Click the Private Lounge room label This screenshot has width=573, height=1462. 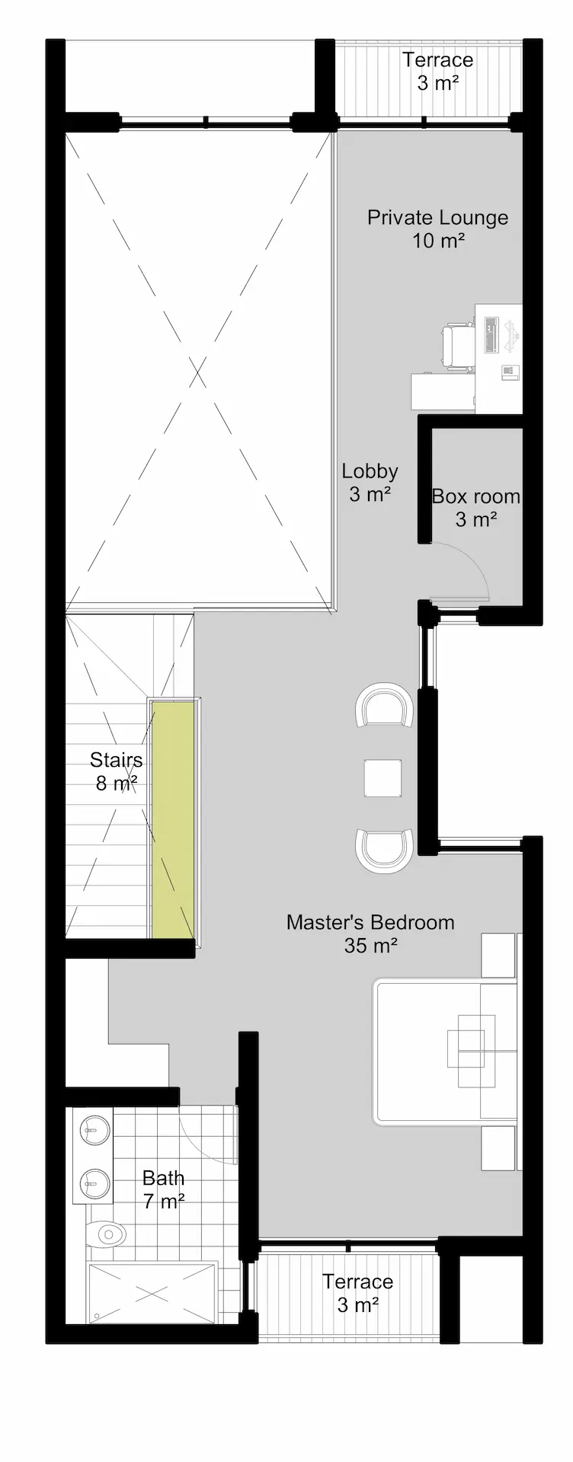pyautogui.click(x=437, y=229)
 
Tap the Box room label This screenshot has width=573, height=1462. pyautogui.click(x=476, y=508)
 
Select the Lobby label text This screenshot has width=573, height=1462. pyautogui.click(x=370, y=483)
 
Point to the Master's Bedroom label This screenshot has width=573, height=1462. pyautogui.click(x=370, y=934)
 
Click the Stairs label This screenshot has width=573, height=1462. pyautogui.click(x=116, y=771)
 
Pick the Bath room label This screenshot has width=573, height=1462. pyautogui.click(x=164, y=1189)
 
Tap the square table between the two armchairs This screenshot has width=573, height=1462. pyautogui.click(x=383, y=778)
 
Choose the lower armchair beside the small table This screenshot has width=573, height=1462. pyautogui.click(x=384, y=851)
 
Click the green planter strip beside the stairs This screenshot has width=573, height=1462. pyautogui.click(x=172, y=819)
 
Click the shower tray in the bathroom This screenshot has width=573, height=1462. pyautogui.click(x=152, y=1293)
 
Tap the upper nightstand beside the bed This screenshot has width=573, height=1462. pyautogui.click(x=500, y=955)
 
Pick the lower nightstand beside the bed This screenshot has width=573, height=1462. pyautogui.click(x=500, y=1148)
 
